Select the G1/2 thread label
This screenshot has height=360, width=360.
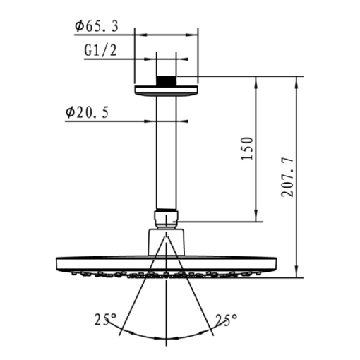[x=99, y=50]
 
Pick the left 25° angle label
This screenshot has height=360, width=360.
[x=104, y=319]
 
